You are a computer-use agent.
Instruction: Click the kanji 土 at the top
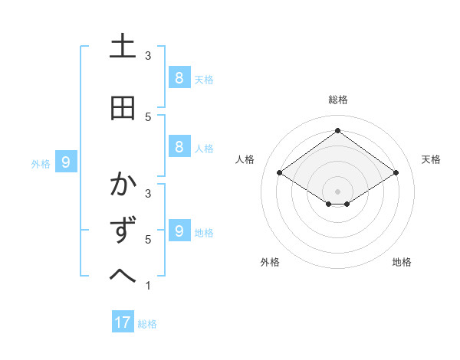click(x=123, y=47)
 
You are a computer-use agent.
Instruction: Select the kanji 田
click(x=123, y=108)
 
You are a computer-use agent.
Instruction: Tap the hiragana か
click(x=123, y=185)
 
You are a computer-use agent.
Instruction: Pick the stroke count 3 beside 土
click(x=147, y=55)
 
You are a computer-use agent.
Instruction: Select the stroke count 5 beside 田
click(x=147, y=116)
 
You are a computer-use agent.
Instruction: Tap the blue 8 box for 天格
click(x=178, y=77)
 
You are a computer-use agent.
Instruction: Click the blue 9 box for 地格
click(x=178, y=231)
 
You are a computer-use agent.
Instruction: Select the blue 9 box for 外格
click(x=66, y=162)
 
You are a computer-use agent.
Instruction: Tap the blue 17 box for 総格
click(x=123, y=322)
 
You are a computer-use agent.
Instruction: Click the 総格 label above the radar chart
click(x=337, y=100)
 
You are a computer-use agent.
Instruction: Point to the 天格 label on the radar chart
click(x=431, y=159)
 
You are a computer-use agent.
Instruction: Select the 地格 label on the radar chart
click(x=402, y=262)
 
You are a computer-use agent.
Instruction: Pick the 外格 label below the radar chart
click(x=270, y=262)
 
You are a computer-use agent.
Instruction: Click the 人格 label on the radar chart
click(x=245, y=159)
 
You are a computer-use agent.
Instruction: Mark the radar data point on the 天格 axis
click(x=396, y=173)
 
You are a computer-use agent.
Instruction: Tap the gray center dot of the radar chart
click(x=337, y=191)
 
